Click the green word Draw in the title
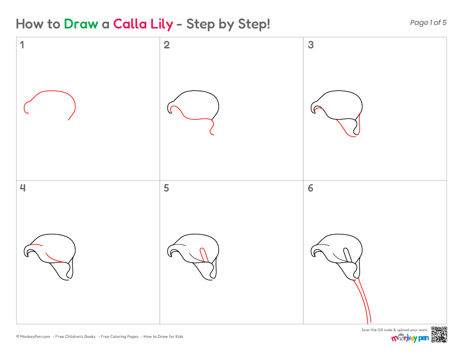(x=81, y=24)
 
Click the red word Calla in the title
(x=130, y=24)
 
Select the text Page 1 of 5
(x=428, y=22)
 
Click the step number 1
(x=22, y=45)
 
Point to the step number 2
(x=167, y=45)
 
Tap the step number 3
(x=311, y=45)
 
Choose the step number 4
(x=22, y=188)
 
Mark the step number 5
(x=166, y=188)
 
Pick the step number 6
(x=311, y=188)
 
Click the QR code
(x=439, y=335)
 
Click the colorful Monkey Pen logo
(x=410, y=338)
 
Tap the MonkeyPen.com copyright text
(x=33, y=337)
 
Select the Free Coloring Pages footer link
(x=119, y=337)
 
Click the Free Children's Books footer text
(x=75, y=337)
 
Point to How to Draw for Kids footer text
(x=163, y=337)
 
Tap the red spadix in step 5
(x=204, y=255)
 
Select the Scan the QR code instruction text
(x=395, y=330)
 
